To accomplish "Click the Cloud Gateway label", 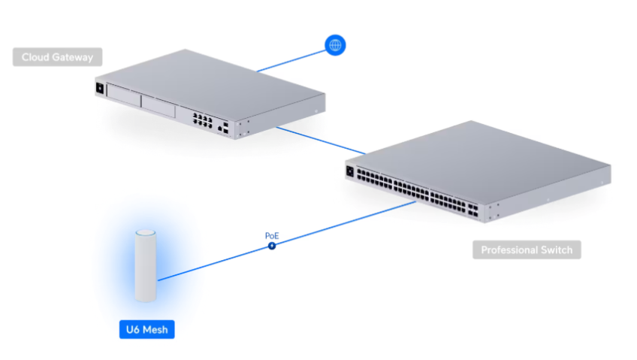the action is tap(57, 57).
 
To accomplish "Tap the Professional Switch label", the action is tap(527, 250).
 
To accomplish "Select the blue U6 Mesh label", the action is tap(146, 329).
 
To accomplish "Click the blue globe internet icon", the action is tap(335, 45).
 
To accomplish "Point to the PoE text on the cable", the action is tap(272, 236).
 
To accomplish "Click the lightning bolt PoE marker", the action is tap(272, 246).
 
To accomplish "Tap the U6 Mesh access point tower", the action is tap(146, 266).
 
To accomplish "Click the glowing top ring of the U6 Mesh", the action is tap(146, 233).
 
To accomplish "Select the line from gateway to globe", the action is tap(291, 61).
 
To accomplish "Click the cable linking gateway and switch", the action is tap(321, 141).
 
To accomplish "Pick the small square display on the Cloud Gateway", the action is tap(100, 88).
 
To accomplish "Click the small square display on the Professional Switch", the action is tap(350, 171).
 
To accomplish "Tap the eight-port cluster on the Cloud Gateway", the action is tap(202, 121).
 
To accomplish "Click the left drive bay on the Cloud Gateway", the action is tap(123, 96).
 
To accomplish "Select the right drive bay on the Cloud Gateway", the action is tap(158, 107).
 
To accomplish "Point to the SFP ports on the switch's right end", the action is tap(473, 210).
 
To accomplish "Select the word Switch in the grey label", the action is tap(557, 250).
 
